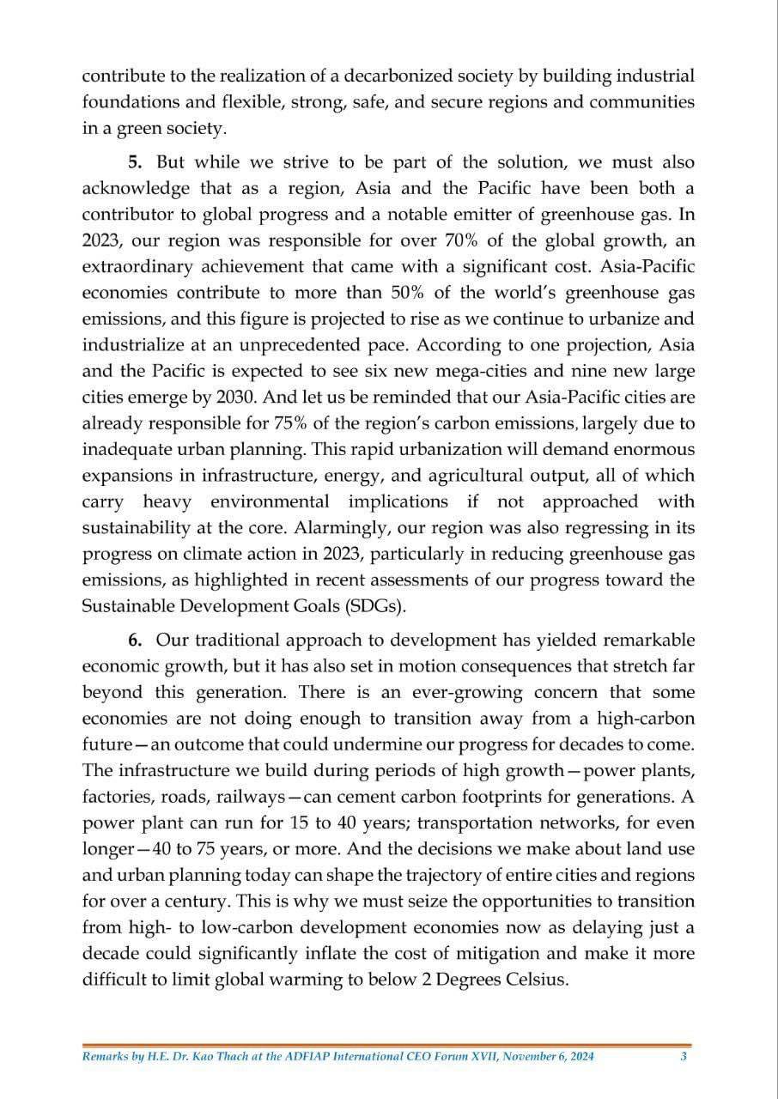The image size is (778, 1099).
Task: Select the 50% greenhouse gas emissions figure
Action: click(x=409, y=293)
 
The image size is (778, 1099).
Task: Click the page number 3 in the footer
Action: click(x=683, y=1057)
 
